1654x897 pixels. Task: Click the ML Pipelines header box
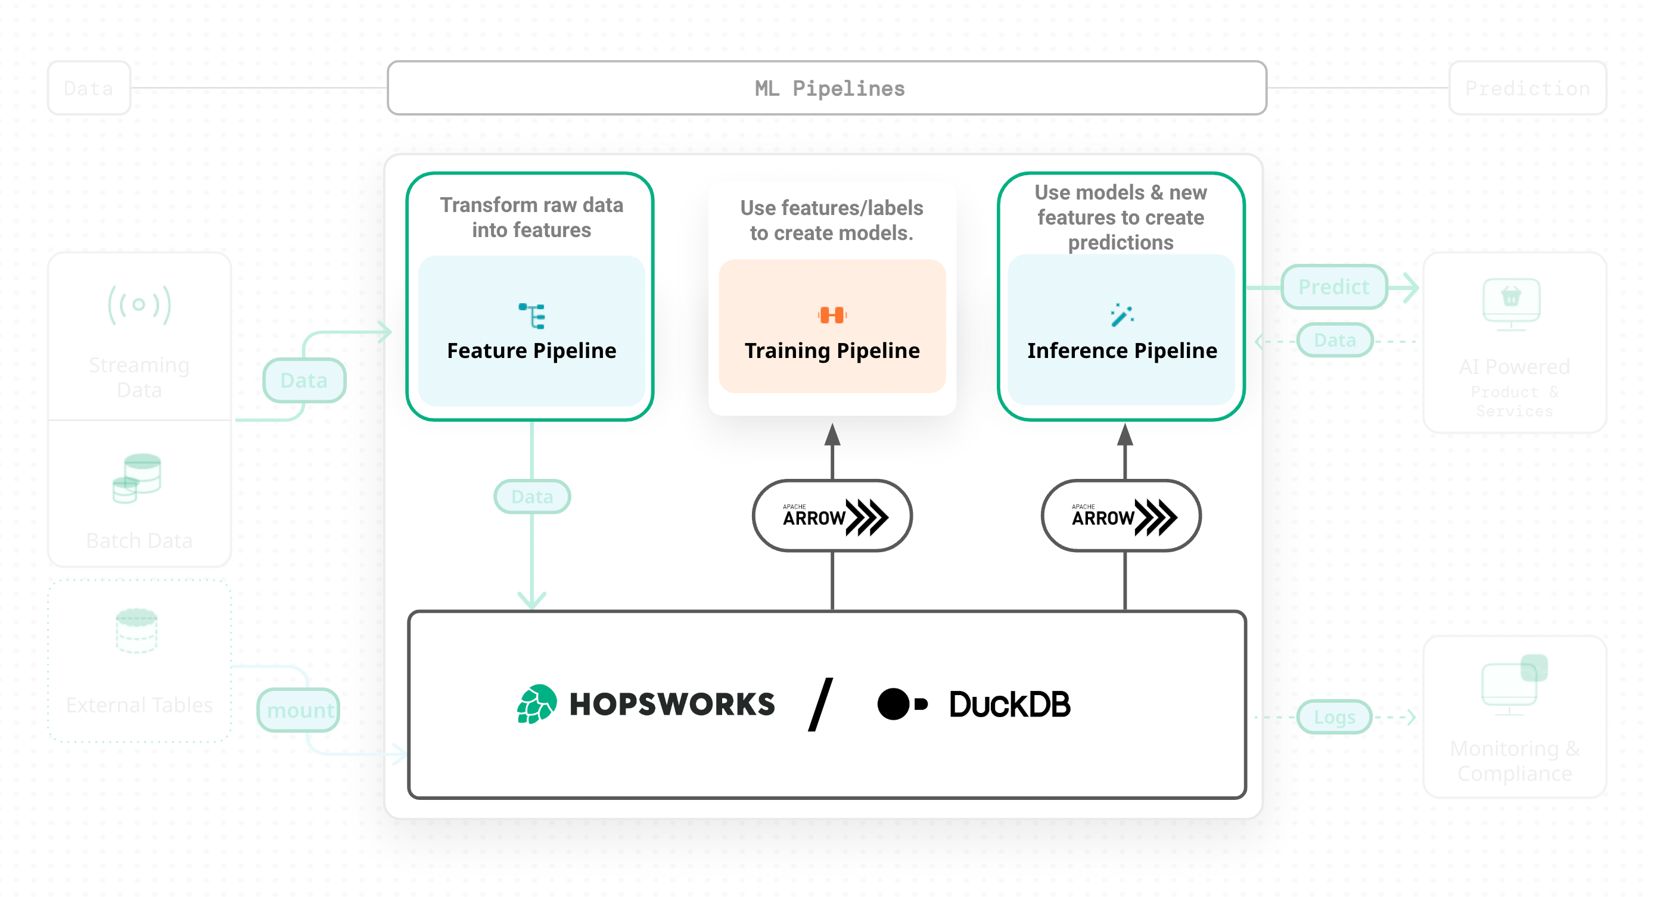[x=826, y=88]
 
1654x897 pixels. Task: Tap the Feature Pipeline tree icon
[x=531, y=316]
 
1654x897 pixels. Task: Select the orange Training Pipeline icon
[x=832, y=314]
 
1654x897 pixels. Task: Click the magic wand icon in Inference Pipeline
[x=1121, y=314]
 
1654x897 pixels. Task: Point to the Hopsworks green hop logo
[x=537, y=704]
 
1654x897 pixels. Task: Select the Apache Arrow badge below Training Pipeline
[x=832, y=516]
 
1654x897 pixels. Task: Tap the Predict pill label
[x=1333, y=286]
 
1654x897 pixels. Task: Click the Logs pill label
[x=1333, y=717]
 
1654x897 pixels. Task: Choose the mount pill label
[x=299, y=710]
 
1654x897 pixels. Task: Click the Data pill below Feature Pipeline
[x=531, y=496]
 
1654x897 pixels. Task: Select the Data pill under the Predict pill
[x=1334, y=340]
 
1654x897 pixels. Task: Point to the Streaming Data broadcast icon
[x=139, y=304]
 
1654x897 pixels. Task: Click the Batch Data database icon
[x=137, y=478]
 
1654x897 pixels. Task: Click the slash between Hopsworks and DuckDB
[x=820, y=705]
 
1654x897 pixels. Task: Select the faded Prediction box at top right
[x=1527, y=88]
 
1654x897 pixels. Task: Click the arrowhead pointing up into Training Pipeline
[x=832, y=435]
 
